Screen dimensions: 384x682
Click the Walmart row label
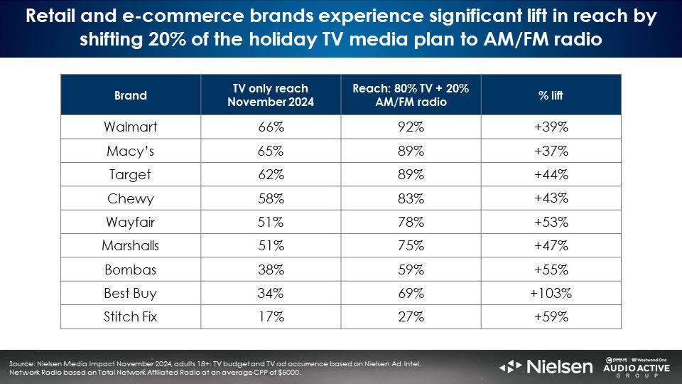[x=131, y=127]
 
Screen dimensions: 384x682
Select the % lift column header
[x=551, y=95]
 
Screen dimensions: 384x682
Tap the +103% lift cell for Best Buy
[x=551, y=293]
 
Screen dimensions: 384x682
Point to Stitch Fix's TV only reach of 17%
[x=270, y=317]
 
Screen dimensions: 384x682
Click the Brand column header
[x=131, y=95]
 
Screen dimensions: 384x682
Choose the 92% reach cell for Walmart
[x=411, y=127]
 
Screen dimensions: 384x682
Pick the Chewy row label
[x=131, y=198]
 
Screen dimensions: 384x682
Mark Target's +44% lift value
[x=551, y=175]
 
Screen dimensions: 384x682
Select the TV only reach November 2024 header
[x=270, y=95]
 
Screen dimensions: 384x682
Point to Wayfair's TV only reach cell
[x=270, y=222]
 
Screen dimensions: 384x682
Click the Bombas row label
[x=131, y=270]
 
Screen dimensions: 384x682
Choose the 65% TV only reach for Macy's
[x=270, y=151]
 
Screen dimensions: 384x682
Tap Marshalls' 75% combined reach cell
[x=411, y=246]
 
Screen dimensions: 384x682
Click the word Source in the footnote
[x=22, y=364]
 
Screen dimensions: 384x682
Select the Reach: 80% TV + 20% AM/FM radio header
[x=411, y=95]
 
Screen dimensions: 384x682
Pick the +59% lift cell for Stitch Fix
[x=551, y=317]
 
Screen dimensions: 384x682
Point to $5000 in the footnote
[x=288, y=373]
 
